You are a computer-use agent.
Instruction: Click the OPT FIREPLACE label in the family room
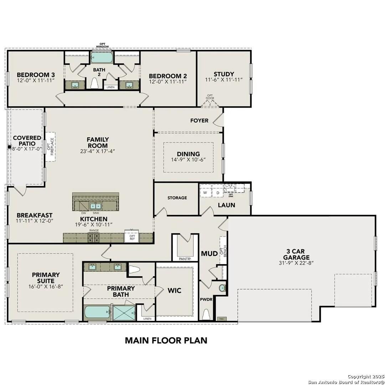click(x=52, y=147)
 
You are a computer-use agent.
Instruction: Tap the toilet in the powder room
click(x=206, y=314)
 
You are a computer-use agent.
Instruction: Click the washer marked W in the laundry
click(x=205, y=193)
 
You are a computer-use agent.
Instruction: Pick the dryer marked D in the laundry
click(x=217, y=193)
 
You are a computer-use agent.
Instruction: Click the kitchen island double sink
click(x=95, y=206)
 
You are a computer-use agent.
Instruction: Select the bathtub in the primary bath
click(x=97, y=313)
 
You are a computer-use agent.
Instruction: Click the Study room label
click(x=224, y=74)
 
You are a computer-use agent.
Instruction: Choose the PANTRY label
click(x=185, y=259)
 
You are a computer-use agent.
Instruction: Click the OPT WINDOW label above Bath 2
click(x=102, y=46)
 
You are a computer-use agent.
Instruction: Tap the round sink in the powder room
click(x=222, y=288)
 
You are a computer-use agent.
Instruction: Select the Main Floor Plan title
click(x=166, y=340)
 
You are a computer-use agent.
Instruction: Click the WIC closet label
click(x=174, y=291)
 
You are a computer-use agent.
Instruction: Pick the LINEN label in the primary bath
click(x=147, y=318)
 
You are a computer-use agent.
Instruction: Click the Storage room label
click(x=177, y=197)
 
